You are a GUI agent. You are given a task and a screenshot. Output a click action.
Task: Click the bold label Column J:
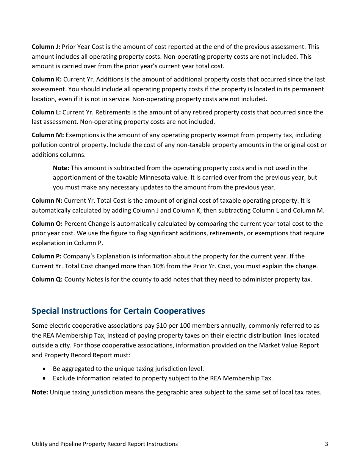click(45, 47)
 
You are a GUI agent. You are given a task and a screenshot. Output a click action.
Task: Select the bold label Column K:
click(47, 80)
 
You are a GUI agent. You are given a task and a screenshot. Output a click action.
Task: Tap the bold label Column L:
click(46, 112)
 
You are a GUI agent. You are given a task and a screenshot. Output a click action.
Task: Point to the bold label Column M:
click(48, 135)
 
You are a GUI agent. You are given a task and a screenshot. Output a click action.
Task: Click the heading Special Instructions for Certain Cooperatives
click(118, 311)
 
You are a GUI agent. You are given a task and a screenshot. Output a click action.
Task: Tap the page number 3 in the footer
click(326, 444)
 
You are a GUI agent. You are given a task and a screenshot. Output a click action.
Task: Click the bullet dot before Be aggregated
click(45, 369)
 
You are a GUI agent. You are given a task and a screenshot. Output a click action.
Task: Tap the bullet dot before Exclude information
click(45, 378)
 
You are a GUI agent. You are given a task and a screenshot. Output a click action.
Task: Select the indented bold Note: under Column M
click(61, 168)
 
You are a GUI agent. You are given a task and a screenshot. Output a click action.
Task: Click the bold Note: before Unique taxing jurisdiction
click(40, 392)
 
